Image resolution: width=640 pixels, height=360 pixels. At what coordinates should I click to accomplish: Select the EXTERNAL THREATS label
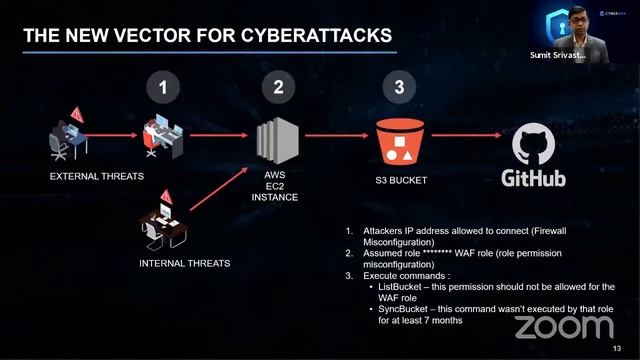point(97,176)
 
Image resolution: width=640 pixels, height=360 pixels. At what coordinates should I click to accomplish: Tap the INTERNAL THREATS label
point(184,264)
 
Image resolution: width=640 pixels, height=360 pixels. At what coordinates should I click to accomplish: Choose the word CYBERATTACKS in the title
point(317,37)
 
